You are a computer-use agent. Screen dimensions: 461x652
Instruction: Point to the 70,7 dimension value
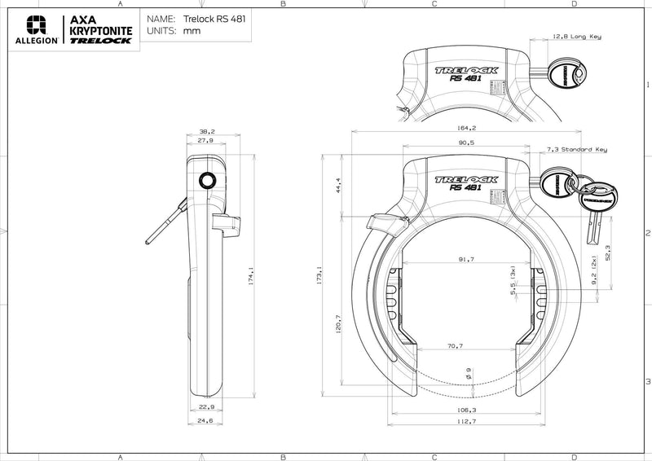455,346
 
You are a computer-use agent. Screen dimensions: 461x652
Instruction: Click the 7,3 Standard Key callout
576,150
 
